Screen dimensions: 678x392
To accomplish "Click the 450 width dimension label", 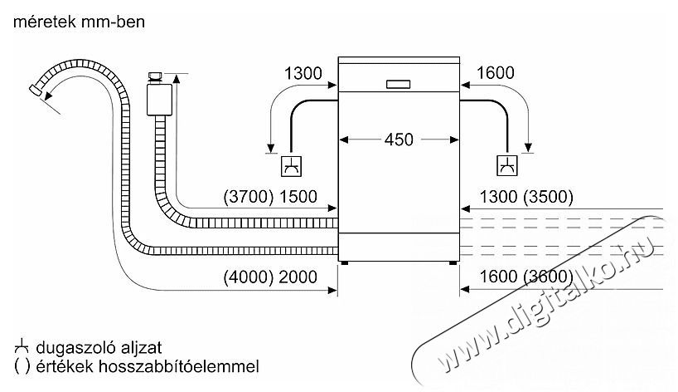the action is [399, 140].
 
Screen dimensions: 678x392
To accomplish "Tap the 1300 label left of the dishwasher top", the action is [303, 73].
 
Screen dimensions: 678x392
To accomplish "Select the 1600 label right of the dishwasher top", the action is [495, 73].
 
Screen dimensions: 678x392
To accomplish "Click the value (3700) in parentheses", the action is [249, 197].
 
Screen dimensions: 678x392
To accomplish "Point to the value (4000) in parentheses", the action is [249, 277].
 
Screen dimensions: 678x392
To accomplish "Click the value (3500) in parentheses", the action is [548, 197].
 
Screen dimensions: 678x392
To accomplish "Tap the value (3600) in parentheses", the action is [548, 277].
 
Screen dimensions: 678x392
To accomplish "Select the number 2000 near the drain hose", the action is [298, 277].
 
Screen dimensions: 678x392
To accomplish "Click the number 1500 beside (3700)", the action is [298, 197].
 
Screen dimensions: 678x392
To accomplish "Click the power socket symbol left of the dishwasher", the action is [292, 166].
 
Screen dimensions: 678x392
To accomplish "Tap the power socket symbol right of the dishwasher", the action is [506, 165].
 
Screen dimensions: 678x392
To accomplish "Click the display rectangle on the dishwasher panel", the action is [398, 85].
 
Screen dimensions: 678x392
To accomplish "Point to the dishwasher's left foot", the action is [344, 263].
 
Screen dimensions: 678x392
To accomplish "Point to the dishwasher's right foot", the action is [453, 263].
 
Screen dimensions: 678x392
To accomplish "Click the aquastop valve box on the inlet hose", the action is [160, 100].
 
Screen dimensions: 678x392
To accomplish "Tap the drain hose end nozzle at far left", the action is [35, 90].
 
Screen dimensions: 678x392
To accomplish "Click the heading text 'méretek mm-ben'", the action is [79, 22].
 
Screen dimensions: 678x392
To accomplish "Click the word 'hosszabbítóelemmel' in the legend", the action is [178, 366].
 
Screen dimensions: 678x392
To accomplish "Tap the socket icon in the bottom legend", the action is [22, 347].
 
